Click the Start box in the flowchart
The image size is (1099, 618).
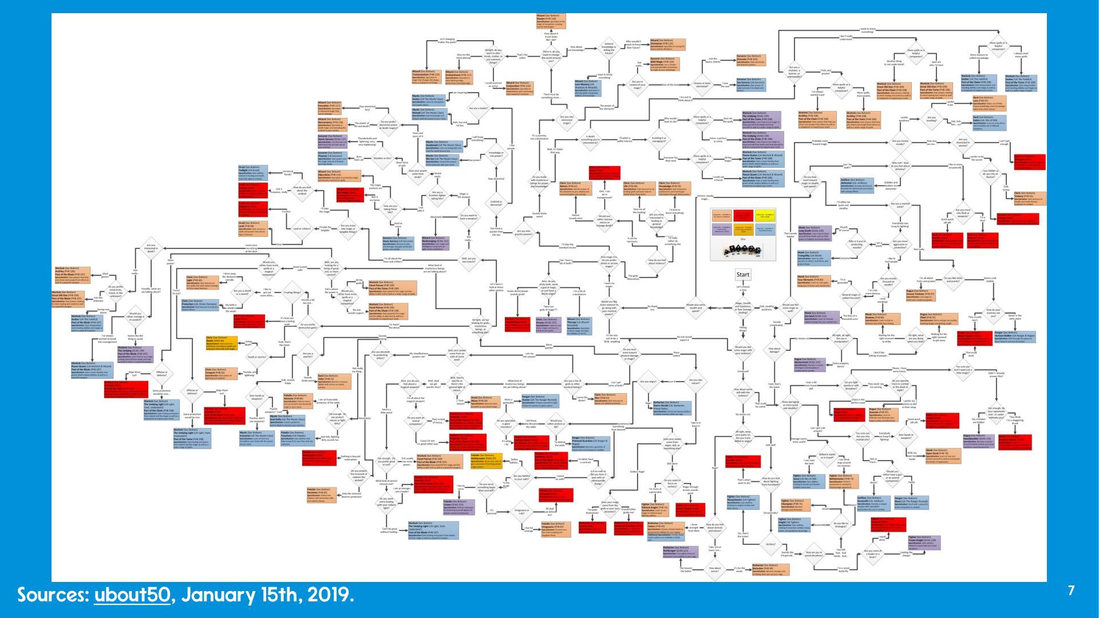(742, 275)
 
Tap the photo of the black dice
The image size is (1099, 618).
(742, 250)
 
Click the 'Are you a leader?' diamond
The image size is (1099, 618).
(478, 108)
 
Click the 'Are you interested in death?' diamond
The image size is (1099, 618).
(151, 248)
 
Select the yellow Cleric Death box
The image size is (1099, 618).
(220, 343)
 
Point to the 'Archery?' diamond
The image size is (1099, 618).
(770, 545)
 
